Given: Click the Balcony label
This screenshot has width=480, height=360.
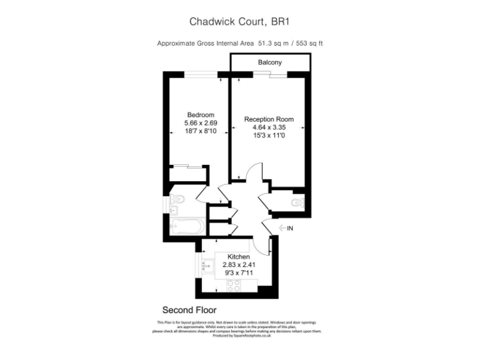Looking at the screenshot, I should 270,62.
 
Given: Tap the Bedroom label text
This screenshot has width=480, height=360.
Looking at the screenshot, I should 201,114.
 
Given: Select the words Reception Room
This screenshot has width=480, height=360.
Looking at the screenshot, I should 269,119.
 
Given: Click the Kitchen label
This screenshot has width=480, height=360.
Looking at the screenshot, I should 238,257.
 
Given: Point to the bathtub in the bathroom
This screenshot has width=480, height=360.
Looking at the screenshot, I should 186,226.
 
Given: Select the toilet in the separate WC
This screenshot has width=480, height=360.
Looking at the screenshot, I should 298,202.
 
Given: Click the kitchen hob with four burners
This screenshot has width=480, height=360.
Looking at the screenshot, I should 234,287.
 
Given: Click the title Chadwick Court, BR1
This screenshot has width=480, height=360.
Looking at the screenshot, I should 240,21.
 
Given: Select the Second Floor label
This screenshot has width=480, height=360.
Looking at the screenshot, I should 189,309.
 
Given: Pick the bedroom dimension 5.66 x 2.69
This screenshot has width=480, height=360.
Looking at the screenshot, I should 201,123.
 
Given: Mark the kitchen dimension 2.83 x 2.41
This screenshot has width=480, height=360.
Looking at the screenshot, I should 238,265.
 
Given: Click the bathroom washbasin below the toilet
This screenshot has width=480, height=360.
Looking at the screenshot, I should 174,210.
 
